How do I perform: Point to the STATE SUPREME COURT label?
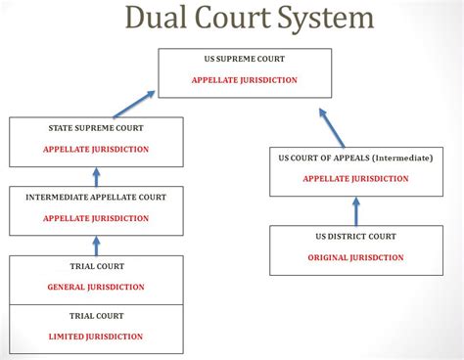point(95,128)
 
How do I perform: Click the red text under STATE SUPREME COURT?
point(95,150)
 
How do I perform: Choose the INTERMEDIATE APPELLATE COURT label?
point(95,197)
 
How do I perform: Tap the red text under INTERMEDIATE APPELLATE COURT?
point(95,218)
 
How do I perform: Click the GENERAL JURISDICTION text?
point(95,288)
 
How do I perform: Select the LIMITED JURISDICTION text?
point(95,337)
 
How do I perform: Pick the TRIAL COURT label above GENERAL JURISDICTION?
point(95,266)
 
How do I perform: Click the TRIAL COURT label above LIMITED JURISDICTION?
point(95,316)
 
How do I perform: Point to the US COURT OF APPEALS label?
point(354,157)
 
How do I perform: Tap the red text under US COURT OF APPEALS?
point(354,179)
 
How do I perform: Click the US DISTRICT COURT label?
point(354,236)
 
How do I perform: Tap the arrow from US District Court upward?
point(355,211)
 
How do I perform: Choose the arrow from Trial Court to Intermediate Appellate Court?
point(96,246)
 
